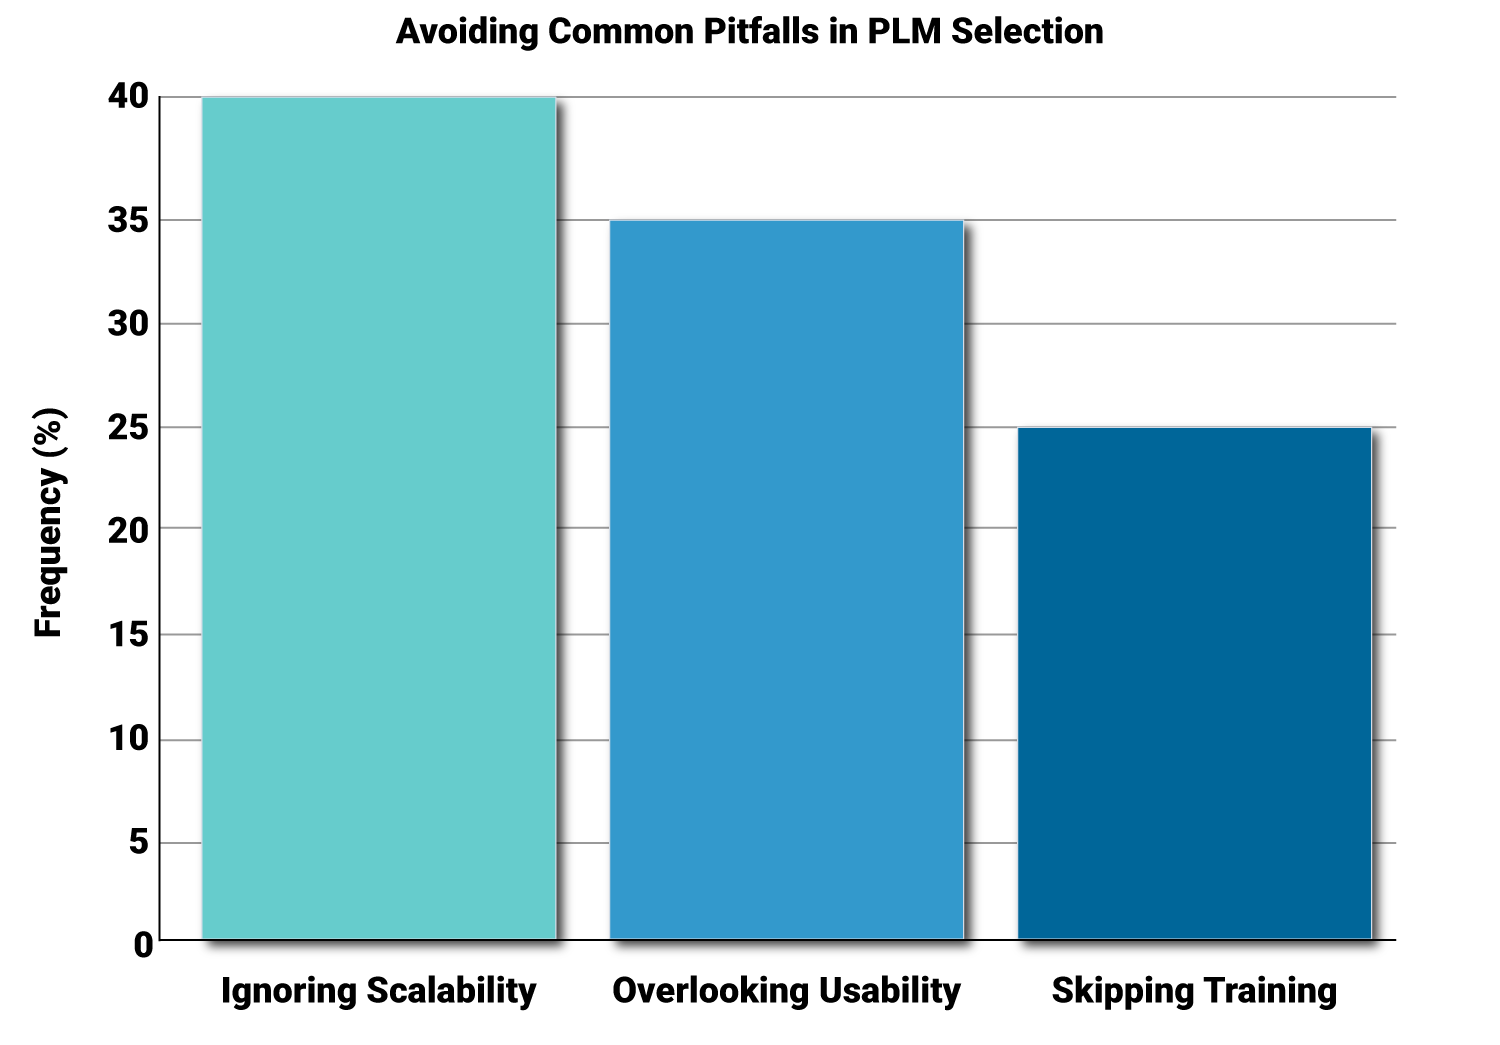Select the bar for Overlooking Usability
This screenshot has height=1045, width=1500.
click(786, 580)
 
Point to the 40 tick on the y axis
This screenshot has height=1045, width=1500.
click(128, 97)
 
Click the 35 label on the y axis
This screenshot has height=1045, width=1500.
click(128, 220)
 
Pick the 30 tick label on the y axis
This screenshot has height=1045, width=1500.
click(128, 324)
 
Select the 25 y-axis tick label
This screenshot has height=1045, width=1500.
click(128, 428)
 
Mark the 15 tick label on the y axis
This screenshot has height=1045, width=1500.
click(128, 635)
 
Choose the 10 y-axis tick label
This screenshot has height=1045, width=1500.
click(128, 740)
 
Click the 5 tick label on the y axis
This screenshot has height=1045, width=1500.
click(138, 843)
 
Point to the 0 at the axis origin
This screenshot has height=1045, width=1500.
click(143, 944)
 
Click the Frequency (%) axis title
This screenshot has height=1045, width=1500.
click(49, 522)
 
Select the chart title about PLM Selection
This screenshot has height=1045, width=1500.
click(749, 31)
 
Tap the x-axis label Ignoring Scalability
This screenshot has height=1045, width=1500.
click(379, 991)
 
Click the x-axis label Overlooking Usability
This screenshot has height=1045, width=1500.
click(786, 991)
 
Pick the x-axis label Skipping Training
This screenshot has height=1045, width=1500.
click(1194, 991)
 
